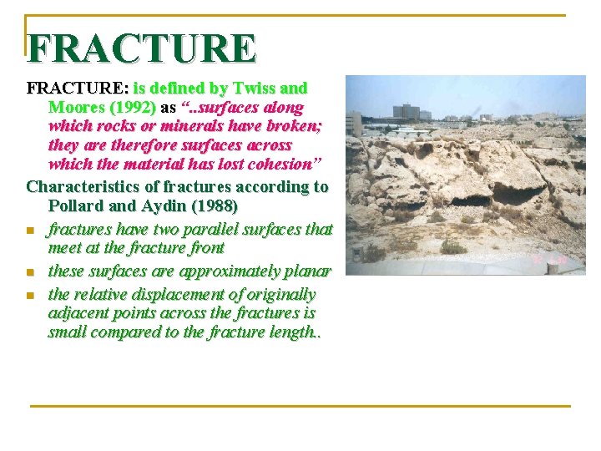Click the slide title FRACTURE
141,48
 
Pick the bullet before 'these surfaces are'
30,272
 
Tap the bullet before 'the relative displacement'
30,296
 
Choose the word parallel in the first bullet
213,229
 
